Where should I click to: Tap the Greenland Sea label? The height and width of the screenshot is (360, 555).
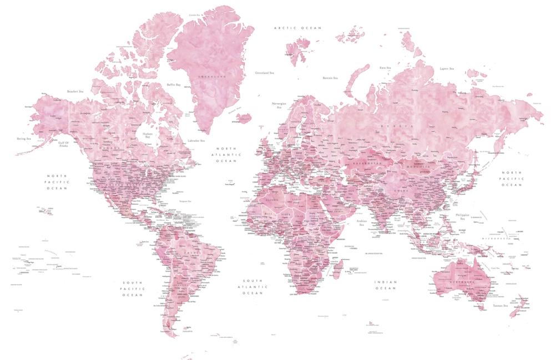tap(264, 73)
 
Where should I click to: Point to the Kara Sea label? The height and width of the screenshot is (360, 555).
tap(385, 68)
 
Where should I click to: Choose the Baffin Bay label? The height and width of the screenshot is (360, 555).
tap(174, 85)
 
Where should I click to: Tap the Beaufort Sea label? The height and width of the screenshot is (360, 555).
tap(75, 91)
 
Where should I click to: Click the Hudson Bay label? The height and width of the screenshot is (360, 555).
tap(148, 135)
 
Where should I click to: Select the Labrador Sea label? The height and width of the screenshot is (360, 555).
tap(196, 141)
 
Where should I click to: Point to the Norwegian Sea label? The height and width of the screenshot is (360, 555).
tap(278, 105)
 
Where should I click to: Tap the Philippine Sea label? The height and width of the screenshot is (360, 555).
tap(462, 216)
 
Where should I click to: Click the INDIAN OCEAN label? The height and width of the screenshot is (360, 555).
tap(385, 285)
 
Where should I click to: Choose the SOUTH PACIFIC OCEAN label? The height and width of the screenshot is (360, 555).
tap(133, 288)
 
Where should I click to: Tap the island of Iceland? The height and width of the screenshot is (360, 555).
tap(243, 118)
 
